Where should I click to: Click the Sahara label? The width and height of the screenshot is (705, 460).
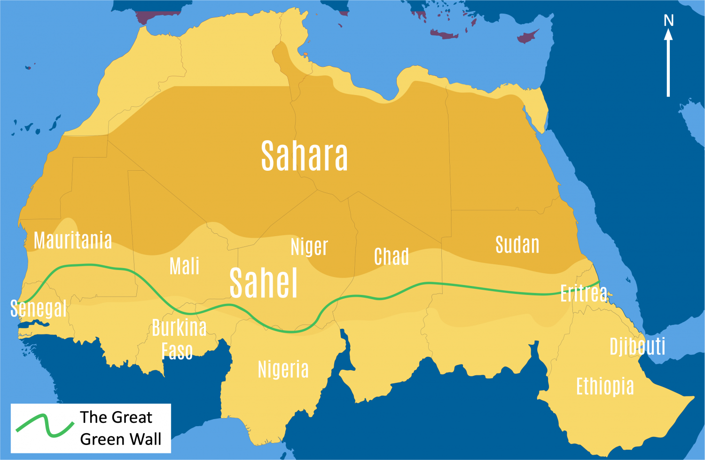[x=304, y=156]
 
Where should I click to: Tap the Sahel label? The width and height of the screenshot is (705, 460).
[x=263, y=283]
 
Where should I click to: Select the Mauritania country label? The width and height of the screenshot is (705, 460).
[x=73, y=240]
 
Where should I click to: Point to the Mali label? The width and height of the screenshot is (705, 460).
[x=184, y=266]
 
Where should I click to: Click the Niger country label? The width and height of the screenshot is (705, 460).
[x=309, y=246]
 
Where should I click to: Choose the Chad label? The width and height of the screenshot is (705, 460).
[x=391, y=257]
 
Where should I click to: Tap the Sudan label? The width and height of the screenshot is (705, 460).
[x=517, y=245]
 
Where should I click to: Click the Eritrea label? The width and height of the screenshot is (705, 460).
[x=584, y=293]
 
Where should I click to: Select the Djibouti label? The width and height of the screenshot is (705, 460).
[x=637, y=347]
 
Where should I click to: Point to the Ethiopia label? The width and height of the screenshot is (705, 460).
[x=605, y=386]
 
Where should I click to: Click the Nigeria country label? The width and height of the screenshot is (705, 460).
[x=283, y=369]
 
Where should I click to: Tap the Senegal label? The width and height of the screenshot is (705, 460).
[x=38, y=309]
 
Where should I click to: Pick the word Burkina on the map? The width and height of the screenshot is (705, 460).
[x=179, y=328]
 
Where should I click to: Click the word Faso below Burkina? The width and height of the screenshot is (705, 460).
[x=177, y=351]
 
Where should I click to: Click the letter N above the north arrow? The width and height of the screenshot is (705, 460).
[x=668, y=20]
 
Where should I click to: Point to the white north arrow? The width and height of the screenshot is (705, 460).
[x=668, y=63]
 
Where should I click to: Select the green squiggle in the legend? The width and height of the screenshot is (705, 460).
[x=45, y=425]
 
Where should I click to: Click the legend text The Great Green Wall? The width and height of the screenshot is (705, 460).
[x=120, y=428]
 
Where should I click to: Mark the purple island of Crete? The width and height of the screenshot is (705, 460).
[x=444, y=35]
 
